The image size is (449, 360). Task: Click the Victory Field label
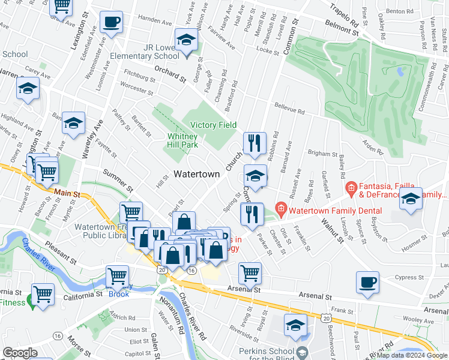213,125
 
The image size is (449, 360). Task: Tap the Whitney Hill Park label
182,140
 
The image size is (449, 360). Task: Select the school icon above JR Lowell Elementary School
186,41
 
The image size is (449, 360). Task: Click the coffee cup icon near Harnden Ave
110,23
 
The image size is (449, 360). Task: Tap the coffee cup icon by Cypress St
367,282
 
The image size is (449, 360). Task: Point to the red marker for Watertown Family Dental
280,211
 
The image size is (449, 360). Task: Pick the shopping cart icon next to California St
43,295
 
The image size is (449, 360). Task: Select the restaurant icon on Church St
255,143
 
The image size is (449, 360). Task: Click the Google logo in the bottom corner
20,353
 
